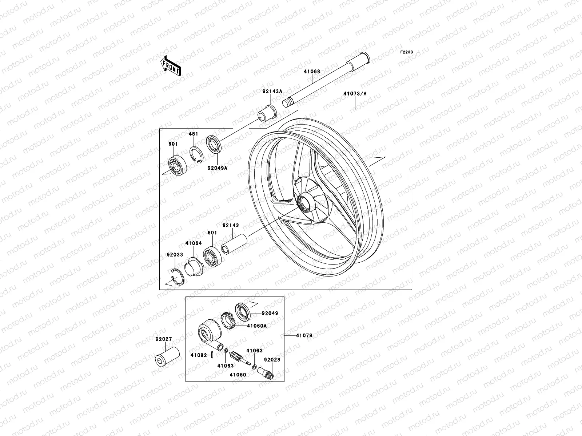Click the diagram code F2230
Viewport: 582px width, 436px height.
pos(407,52)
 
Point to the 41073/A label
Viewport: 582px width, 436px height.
pos(355,93)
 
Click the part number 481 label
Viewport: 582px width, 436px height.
pos(194,134)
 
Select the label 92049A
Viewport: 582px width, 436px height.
pos(218,168)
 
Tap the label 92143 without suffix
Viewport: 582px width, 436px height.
pos(231,225)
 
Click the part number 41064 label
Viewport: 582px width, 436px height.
pos(194,243)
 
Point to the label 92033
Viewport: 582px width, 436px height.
pos(175,255)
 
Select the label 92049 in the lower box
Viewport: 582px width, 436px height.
pos(270,313)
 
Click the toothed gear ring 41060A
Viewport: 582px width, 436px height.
pos(227,320)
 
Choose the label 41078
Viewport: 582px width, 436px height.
pos(304,336)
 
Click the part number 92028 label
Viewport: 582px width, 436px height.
pos(272,359)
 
